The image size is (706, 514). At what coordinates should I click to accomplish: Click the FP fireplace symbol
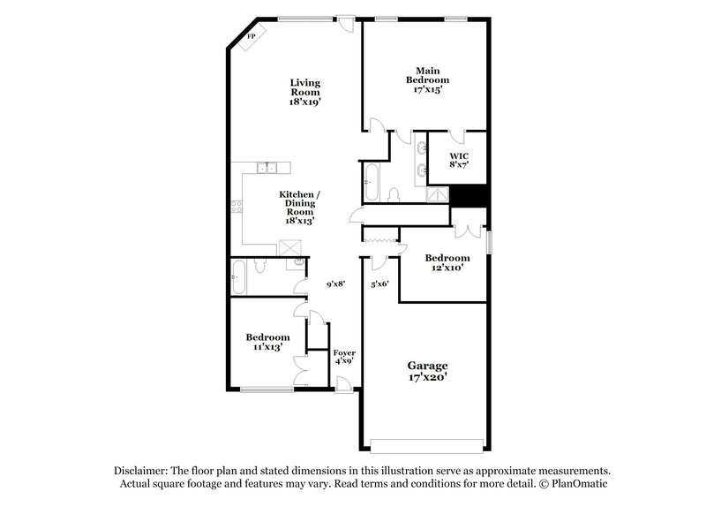(x=252, y=37)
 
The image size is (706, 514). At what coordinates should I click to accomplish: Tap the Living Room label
(x=304, y=92)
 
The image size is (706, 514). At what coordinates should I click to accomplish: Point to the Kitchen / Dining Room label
(x=299, y=208)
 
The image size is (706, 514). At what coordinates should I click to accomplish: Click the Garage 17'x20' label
(x=427, y=371)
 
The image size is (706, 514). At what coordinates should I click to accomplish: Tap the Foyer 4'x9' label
(x=344, y=357)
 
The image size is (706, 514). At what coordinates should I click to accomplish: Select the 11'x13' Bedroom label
(x=267, y=343)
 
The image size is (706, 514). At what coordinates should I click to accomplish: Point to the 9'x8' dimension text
(x=335, y=284)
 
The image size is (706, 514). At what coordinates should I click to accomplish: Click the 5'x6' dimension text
(x=379, y=284)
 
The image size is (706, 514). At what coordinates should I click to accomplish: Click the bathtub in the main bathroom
(x=372, y=184)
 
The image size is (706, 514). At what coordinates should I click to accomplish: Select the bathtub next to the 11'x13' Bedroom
(x=238, y=277)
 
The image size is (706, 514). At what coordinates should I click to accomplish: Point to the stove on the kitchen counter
(x=237, y=208)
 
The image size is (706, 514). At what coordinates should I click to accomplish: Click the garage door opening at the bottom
(x=426, y=444)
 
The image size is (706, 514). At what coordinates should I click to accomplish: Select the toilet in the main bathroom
(x=394, y=194)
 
